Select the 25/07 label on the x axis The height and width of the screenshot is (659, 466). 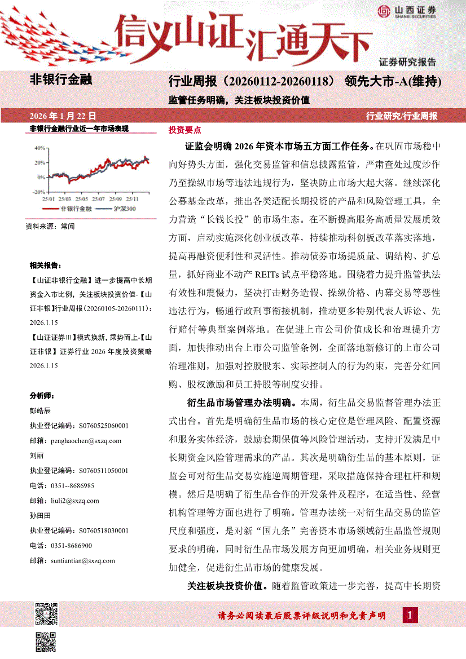(99, 199)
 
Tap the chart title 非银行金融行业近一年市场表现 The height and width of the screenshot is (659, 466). (79, 129)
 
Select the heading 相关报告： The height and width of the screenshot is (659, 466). (46, 266)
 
